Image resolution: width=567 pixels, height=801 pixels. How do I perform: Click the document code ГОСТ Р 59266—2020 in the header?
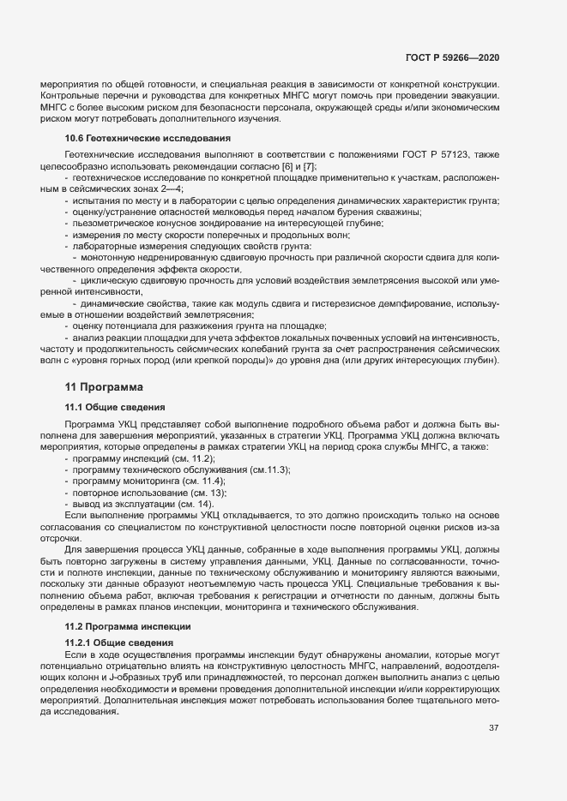(452, 57)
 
